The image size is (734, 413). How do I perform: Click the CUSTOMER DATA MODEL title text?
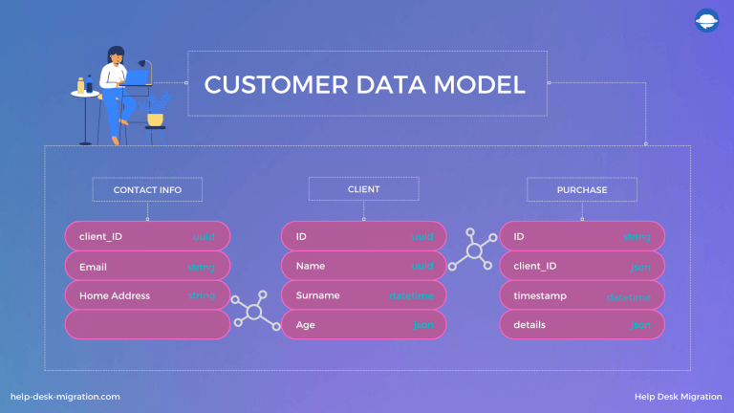click(x=365, y=84)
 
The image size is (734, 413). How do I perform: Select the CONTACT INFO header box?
click(x=147, y=189)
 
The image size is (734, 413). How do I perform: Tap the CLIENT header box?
click(x=363, y=189)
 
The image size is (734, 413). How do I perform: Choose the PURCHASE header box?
click(x=582, y=189)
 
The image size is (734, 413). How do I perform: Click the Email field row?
click(x=147, y=266)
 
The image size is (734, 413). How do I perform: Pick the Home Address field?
click(x=147, y=295)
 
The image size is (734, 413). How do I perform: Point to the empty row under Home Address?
click(x=147, y=325)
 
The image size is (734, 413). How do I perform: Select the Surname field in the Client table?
click(x=363, y=295)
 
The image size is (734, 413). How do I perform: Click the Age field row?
click(x=363, y=325)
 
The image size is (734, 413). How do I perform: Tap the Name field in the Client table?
click(x=363, y=266)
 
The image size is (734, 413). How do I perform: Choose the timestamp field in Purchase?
click(x=582, y=295)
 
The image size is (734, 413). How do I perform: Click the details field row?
click(x=582, y=325)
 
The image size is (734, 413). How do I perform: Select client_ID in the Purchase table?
click(x=582, y=266)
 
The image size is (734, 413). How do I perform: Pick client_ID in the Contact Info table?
click(x=147, y=236)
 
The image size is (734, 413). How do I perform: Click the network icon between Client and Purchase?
click(x=473, y=250)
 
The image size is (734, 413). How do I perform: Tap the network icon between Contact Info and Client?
click(x=253, y=311)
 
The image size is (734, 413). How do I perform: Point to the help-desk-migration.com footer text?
click(x=65, y=396)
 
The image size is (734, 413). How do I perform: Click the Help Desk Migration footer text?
click(x=677, y=396)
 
